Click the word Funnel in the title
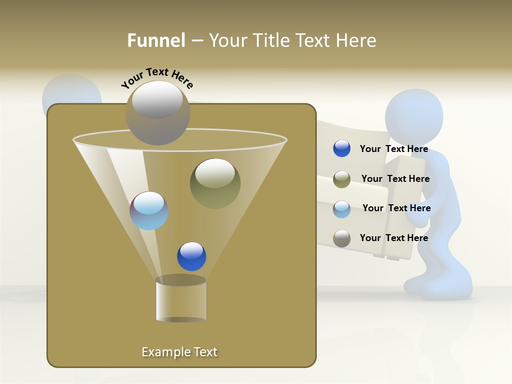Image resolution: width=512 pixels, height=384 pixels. [156, 41]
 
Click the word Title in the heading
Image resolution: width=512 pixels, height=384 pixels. [270, 41]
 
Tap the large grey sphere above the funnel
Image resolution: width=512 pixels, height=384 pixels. [158, 113]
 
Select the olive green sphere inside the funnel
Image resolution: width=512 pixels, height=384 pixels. [215, 183]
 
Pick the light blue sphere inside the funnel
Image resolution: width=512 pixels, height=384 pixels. [149, 211]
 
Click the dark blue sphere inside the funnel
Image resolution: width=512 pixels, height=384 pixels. [191, 257]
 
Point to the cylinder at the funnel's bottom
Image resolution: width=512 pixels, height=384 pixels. [181, 299]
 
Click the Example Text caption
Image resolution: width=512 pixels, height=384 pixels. [180, 352]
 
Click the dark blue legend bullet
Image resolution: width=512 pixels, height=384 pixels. [342, 149]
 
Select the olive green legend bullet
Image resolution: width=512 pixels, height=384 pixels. [342, 179]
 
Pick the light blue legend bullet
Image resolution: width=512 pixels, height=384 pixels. [342, 209]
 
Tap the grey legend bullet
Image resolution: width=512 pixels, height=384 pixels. [342, 238]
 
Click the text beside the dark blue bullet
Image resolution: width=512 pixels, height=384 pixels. [394, 149]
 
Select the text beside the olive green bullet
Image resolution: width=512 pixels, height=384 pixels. [395, 179]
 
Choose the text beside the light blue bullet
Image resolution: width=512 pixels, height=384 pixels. [396, 208]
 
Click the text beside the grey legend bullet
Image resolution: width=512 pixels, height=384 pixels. [394, 238]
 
